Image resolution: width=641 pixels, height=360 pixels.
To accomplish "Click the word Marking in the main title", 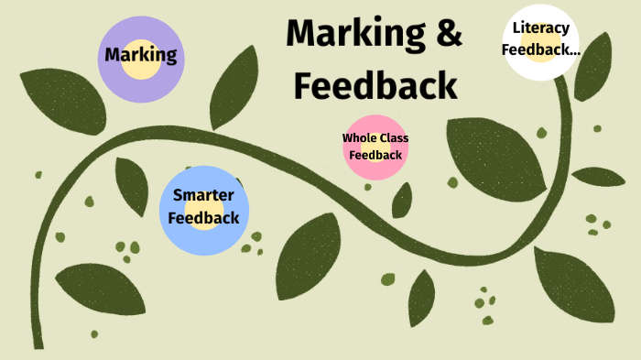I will (x=348, y=34).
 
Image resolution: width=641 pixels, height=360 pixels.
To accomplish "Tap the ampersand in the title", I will (x=446, y=34).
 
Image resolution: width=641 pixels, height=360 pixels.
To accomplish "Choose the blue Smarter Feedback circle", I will (x=203, y=210).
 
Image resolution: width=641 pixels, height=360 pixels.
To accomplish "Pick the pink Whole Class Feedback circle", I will (x=375, y=147).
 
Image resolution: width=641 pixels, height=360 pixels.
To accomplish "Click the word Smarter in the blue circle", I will (x=203, y=195).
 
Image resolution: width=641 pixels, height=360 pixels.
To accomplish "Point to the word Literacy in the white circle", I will (x=542, y=27).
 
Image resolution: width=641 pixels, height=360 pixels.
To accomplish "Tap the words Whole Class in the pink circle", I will (x=375, y=138).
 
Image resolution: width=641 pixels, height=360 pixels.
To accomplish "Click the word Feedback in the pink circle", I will (x=375, y=155).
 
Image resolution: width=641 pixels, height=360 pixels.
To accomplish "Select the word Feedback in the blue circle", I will (x=204, y=218).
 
